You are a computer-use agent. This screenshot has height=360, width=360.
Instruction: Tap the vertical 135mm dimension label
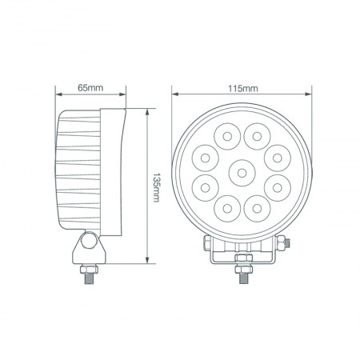(157, 186)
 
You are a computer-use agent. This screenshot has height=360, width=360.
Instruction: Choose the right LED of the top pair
(256, 133)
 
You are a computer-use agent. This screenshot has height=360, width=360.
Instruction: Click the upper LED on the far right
(278, 154)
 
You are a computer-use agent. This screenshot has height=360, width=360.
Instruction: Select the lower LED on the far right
(278, 187)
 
